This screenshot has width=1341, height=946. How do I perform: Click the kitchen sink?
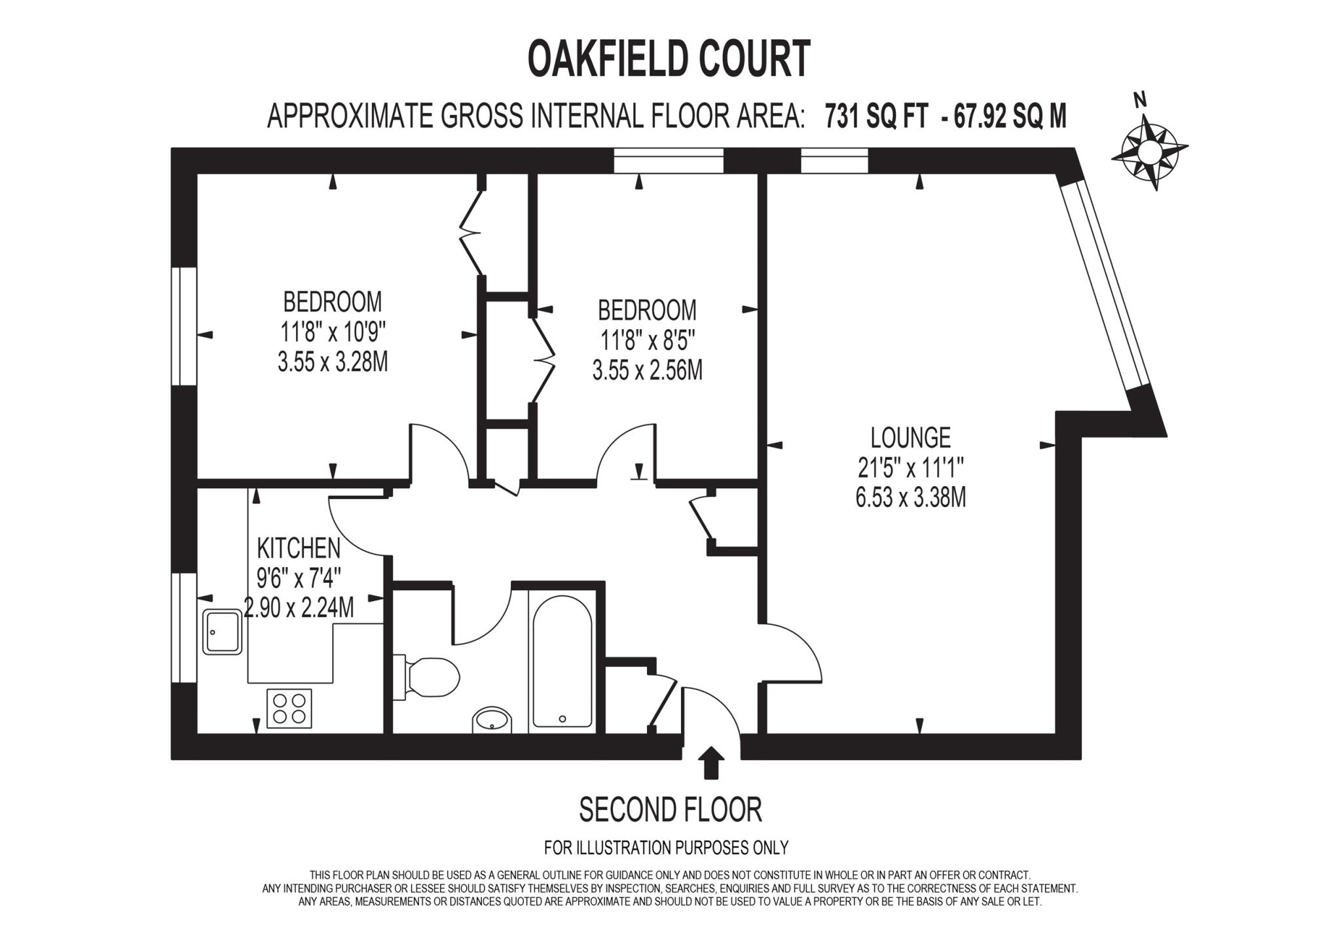tap(222, 631)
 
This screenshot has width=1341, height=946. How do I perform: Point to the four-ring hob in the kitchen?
tap(289, 709)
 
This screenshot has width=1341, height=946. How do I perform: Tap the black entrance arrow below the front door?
tap(711, 764)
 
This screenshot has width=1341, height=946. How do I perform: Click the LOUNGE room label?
tap(910, 436)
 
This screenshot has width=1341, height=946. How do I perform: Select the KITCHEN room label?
tap(299, 548)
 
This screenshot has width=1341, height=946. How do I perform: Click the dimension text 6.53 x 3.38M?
tap(910, 499)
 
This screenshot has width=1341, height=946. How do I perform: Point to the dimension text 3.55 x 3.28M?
tap(333, 362)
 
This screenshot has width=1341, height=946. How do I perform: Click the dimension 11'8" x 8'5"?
tap(647, 340)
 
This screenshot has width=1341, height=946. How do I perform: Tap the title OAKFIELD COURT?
tap(669, 59)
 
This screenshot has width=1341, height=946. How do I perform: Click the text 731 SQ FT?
tap(876, 117)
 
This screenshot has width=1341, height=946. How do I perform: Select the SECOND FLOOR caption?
tap(670, 810)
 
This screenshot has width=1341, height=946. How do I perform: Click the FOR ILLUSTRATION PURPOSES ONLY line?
tap(666, 848)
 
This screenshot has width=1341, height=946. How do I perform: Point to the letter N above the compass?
tap(1140, 100)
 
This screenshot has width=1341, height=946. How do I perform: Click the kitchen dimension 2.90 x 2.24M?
tap(299, 608)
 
